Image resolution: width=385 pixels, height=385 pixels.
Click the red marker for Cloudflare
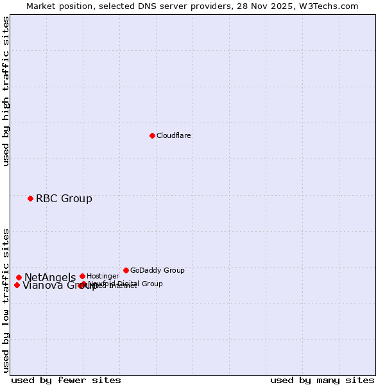click(152, 135)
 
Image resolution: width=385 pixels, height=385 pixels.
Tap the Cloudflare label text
click(173, 135)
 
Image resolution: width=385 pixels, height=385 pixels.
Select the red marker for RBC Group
click(30, 198)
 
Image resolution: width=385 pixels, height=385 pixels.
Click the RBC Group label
click(64, 198)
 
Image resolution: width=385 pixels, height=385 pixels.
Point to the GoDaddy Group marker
click(126, 270)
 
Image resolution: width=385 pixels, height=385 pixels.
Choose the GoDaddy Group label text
click(157, 270)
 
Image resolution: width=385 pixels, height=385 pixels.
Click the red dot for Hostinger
click(82, 276)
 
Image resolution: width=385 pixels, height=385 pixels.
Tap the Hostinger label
click(103, 276)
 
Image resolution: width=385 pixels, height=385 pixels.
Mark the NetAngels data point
click(19, 277)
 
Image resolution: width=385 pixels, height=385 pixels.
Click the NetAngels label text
click(50, 277)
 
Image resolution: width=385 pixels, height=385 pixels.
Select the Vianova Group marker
click(17, 285)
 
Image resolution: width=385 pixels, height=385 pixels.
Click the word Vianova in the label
click(42, 286)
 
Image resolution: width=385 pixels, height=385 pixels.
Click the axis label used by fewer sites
click(66, 380)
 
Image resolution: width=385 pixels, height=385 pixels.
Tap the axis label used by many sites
click(322, 380)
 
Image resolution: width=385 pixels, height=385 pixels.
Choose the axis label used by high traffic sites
click(6, 91)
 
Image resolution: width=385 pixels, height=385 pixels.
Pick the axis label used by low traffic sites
click(6, 300)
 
